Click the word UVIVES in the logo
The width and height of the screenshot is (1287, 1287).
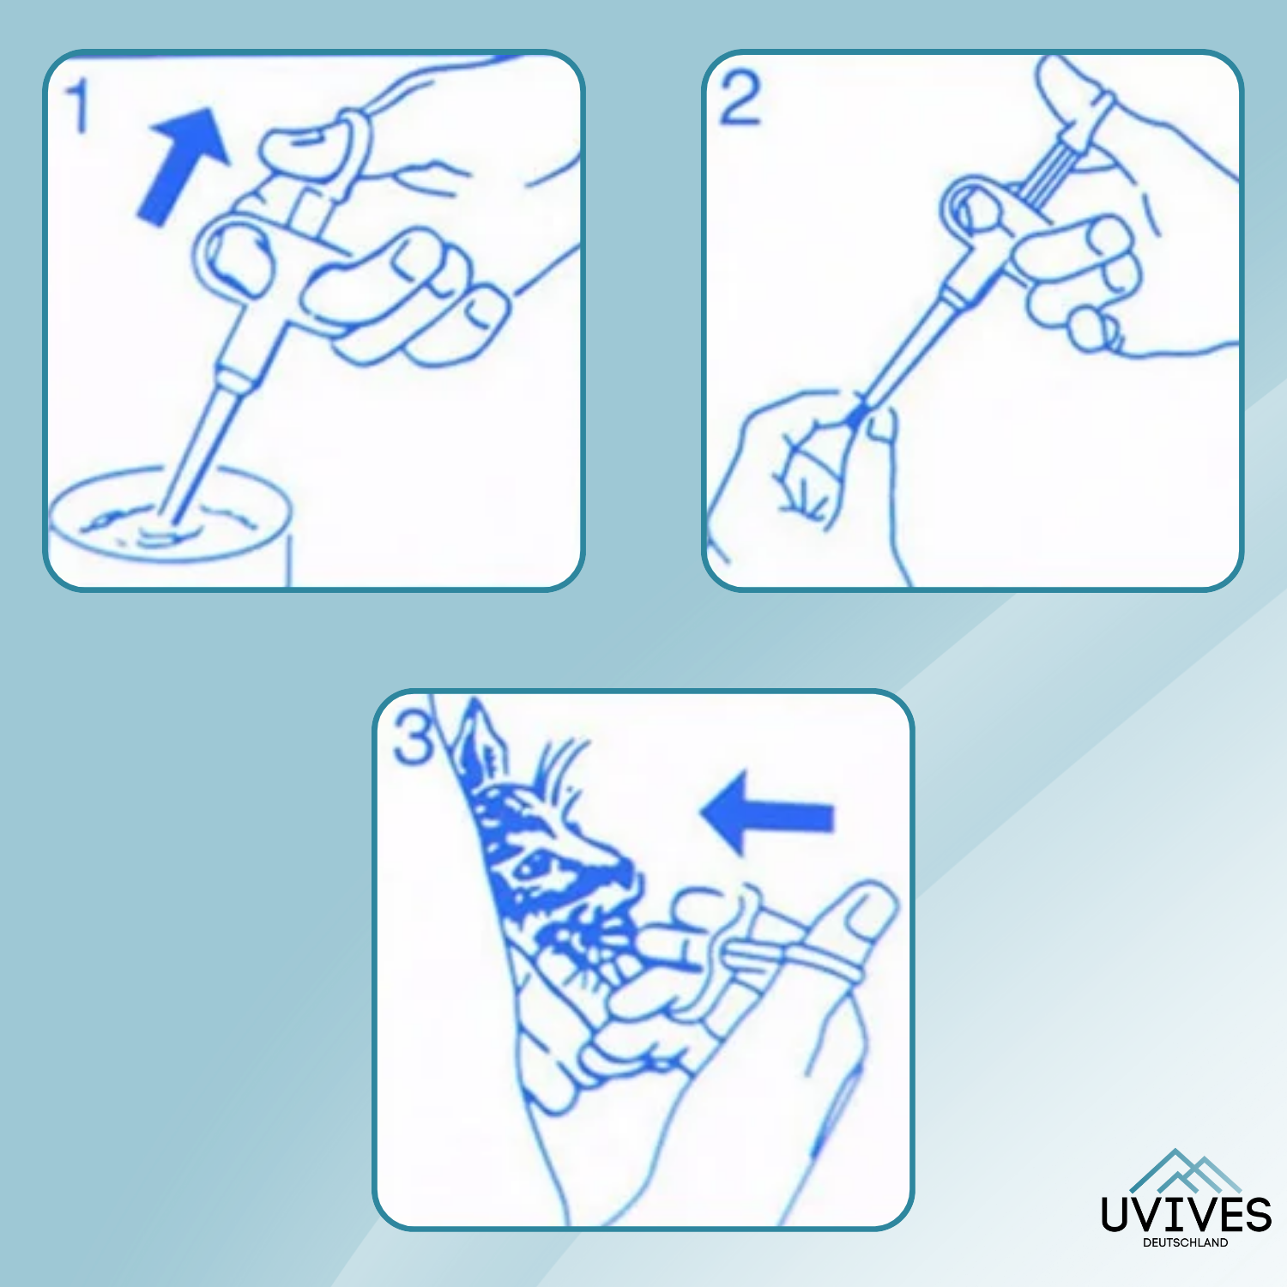click(1186, 1214)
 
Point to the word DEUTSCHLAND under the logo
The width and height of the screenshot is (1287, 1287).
click(1186, 1242)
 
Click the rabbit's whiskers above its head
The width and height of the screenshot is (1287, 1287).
click(562, 768)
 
